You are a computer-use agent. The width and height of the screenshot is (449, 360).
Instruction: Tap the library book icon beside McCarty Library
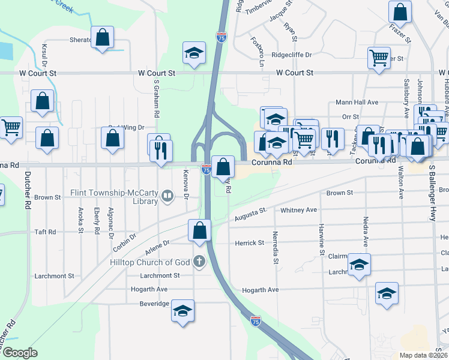pos(168,195)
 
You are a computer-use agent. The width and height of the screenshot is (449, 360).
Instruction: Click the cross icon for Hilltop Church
pos(199,262)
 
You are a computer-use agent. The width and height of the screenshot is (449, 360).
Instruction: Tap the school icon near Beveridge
pos(183,311)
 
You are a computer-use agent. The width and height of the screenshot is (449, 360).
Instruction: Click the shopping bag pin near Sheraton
pos(103,37)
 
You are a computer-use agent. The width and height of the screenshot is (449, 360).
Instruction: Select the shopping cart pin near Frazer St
pos(379,59)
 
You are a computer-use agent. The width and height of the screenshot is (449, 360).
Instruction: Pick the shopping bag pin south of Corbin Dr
pos(199,230)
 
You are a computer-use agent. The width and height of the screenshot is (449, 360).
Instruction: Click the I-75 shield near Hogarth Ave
pos(256,322)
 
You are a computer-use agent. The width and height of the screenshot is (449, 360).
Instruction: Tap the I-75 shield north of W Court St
pos(221,36)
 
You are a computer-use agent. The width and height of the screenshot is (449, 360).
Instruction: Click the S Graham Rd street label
pos(156,100)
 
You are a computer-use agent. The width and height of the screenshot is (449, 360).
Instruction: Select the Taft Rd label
pos(45,232)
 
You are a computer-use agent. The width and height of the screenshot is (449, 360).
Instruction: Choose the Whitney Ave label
pos(298,210)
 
